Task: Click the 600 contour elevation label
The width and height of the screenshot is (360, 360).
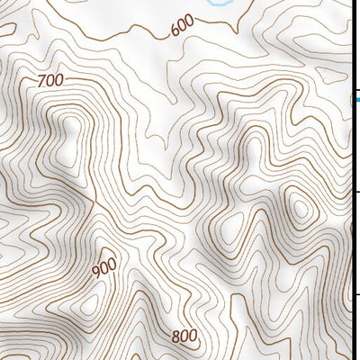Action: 181,28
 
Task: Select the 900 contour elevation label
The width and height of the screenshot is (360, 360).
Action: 104,267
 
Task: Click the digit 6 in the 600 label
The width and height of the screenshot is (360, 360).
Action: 173,31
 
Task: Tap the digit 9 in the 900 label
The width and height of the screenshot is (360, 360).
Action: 96,273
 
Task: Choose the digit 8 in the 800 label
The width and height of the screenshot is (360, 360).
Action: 175,337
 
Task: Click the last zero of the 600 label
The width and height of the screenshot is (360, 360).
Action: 189,24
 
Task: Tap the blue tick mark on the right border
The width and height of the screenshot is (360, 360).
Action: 355,100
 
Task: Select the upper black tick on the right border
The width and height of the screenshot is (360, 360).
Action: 355,192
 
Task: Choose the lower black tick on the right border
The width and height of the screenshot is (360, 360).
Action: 355,293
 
